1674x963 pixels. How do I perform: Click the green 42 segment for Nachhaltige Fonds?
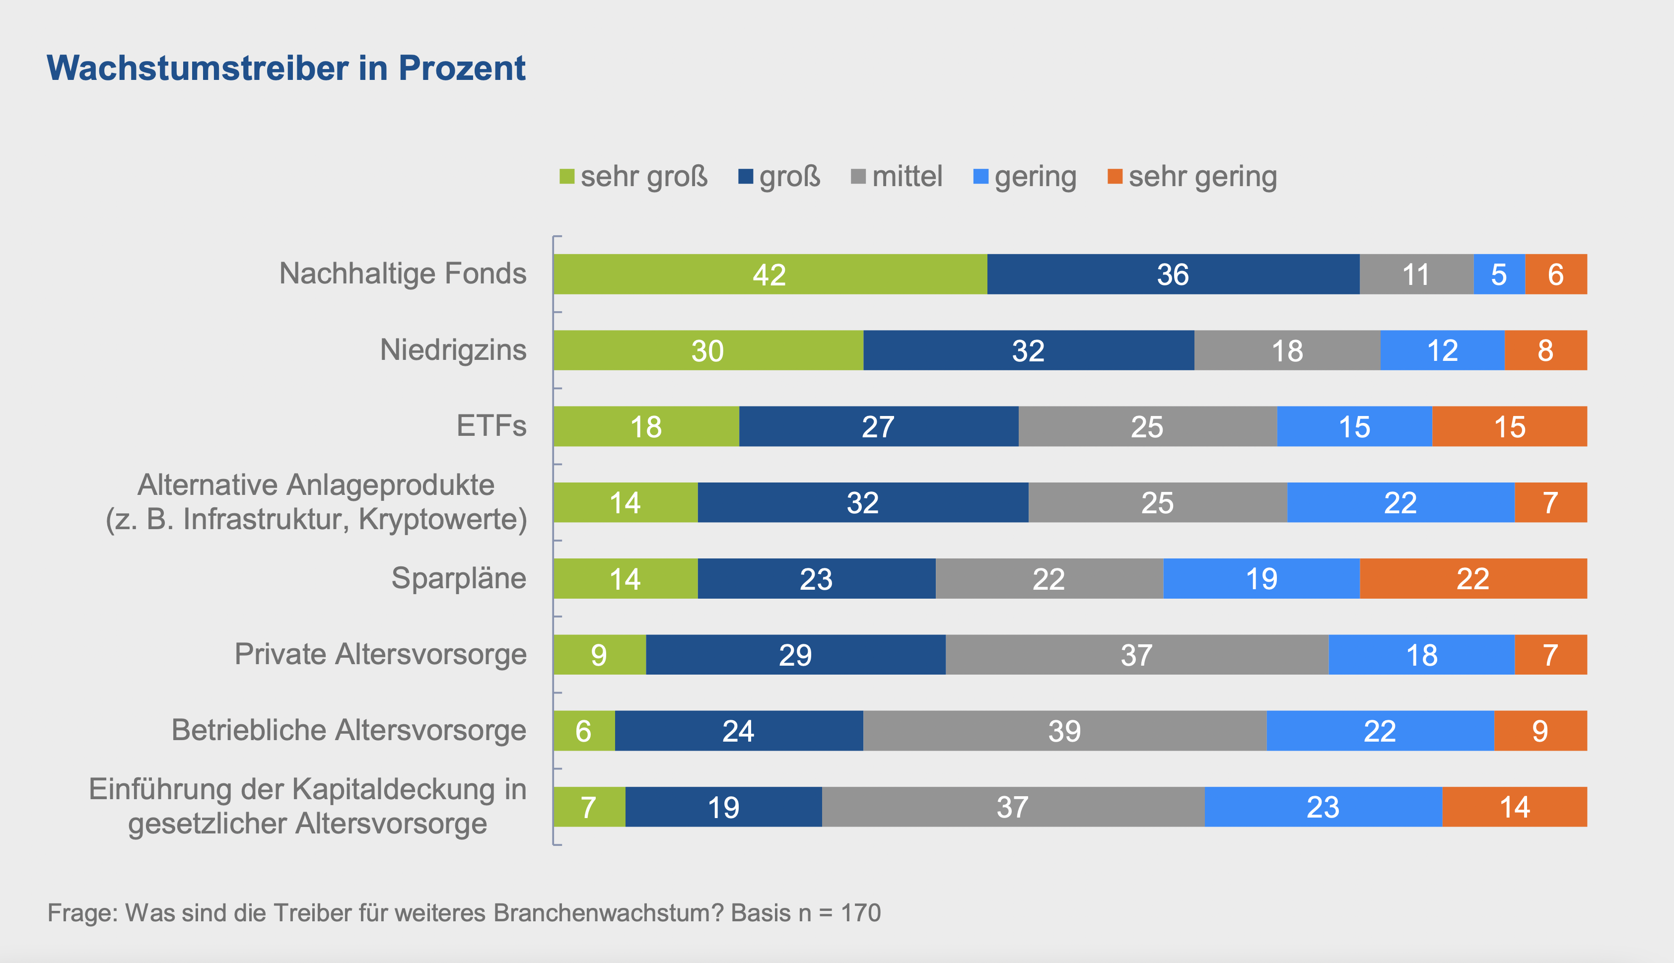(x=770, y=275)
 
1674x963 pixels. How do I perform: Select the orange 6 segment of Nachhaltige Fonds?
(x=1556, y=275)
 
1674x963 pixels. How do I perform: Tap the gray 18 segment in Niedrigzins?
(x=1287, y=350)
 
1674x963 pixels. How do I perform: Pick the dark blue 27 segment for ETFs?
(x=878, y=426)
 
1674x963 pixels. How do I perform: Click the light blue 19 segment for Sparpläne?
(x=1261, y=579)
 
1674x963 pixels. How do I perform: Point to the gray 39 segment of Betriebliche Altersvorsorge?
(x=1065, y=731)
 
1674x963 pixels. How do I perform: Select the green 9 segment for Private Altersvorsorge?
(x=599, y=655)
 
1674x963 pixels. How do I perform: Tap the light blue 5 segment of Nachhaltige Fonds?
(x=1499, y=275)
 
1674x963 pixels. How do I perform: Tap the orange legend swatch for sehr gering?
(x=1115, y=177)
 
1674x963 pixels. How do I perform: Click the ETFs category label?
(x=491, y=425)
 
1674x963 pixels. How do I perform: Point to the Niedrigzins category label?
(x=453, y=349)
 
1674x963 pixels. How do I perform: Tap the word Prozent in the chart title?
(x=462, y=68)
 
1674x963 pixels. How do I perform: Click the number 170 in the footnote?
(x=860, y=913)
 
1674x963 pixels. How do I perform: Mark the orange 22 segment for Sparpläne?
(x=1473, y=579)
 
